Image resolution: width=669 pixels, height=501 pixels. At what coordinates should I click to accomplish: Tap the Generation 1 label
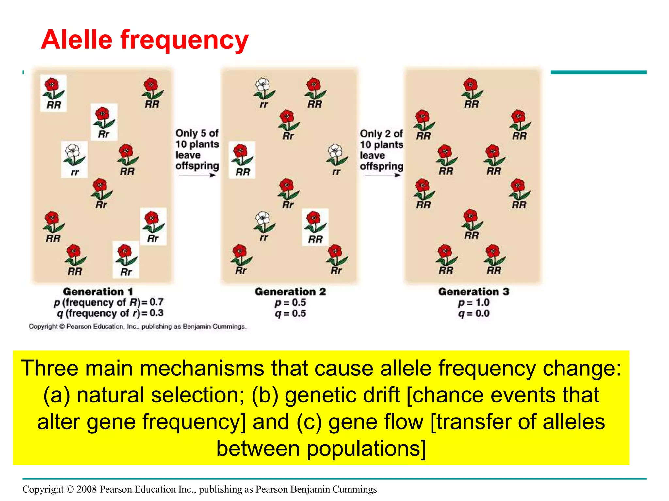(98, 291)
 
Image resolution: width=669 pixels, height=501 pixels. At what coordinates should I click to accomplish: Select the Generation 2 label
(290, 291)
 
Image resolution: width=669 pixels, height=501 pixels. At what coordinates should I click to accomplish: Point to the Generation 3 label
(473, 291)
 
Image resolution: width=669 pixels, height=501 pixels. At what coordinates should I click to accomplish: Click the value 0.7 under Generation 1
(156, 302)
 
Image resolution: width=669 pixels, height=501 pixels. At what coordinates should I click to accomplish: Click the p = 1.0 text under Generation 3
(473, 302)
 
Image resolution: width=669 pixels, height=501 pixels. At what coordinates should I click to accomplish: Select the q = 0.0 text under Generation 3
(473, 313)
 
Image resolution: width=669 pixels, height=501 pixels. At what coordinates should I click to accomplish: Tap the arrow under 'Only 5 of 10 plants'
(197, 175)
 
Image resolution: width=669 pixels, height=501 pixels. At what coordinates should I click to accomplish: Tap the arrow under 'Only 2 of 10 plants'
(382, 175)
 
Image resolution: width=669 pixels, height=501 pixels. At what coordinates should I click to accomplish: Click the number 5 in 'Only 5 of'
(203, 133)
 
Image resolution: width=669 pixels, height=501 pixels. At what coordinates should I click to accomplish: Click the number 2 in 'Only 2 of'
(388, 134)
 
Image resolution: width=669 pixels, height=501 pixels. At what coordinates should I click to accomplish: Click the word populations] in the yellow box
(366, 449)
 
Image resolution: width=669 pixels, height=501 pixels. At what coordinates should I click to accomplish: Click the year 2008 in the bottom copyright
(87, 489)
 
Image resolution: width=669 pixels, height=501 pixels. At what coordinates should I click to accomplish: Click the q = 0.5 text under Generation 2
(290, 313)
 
